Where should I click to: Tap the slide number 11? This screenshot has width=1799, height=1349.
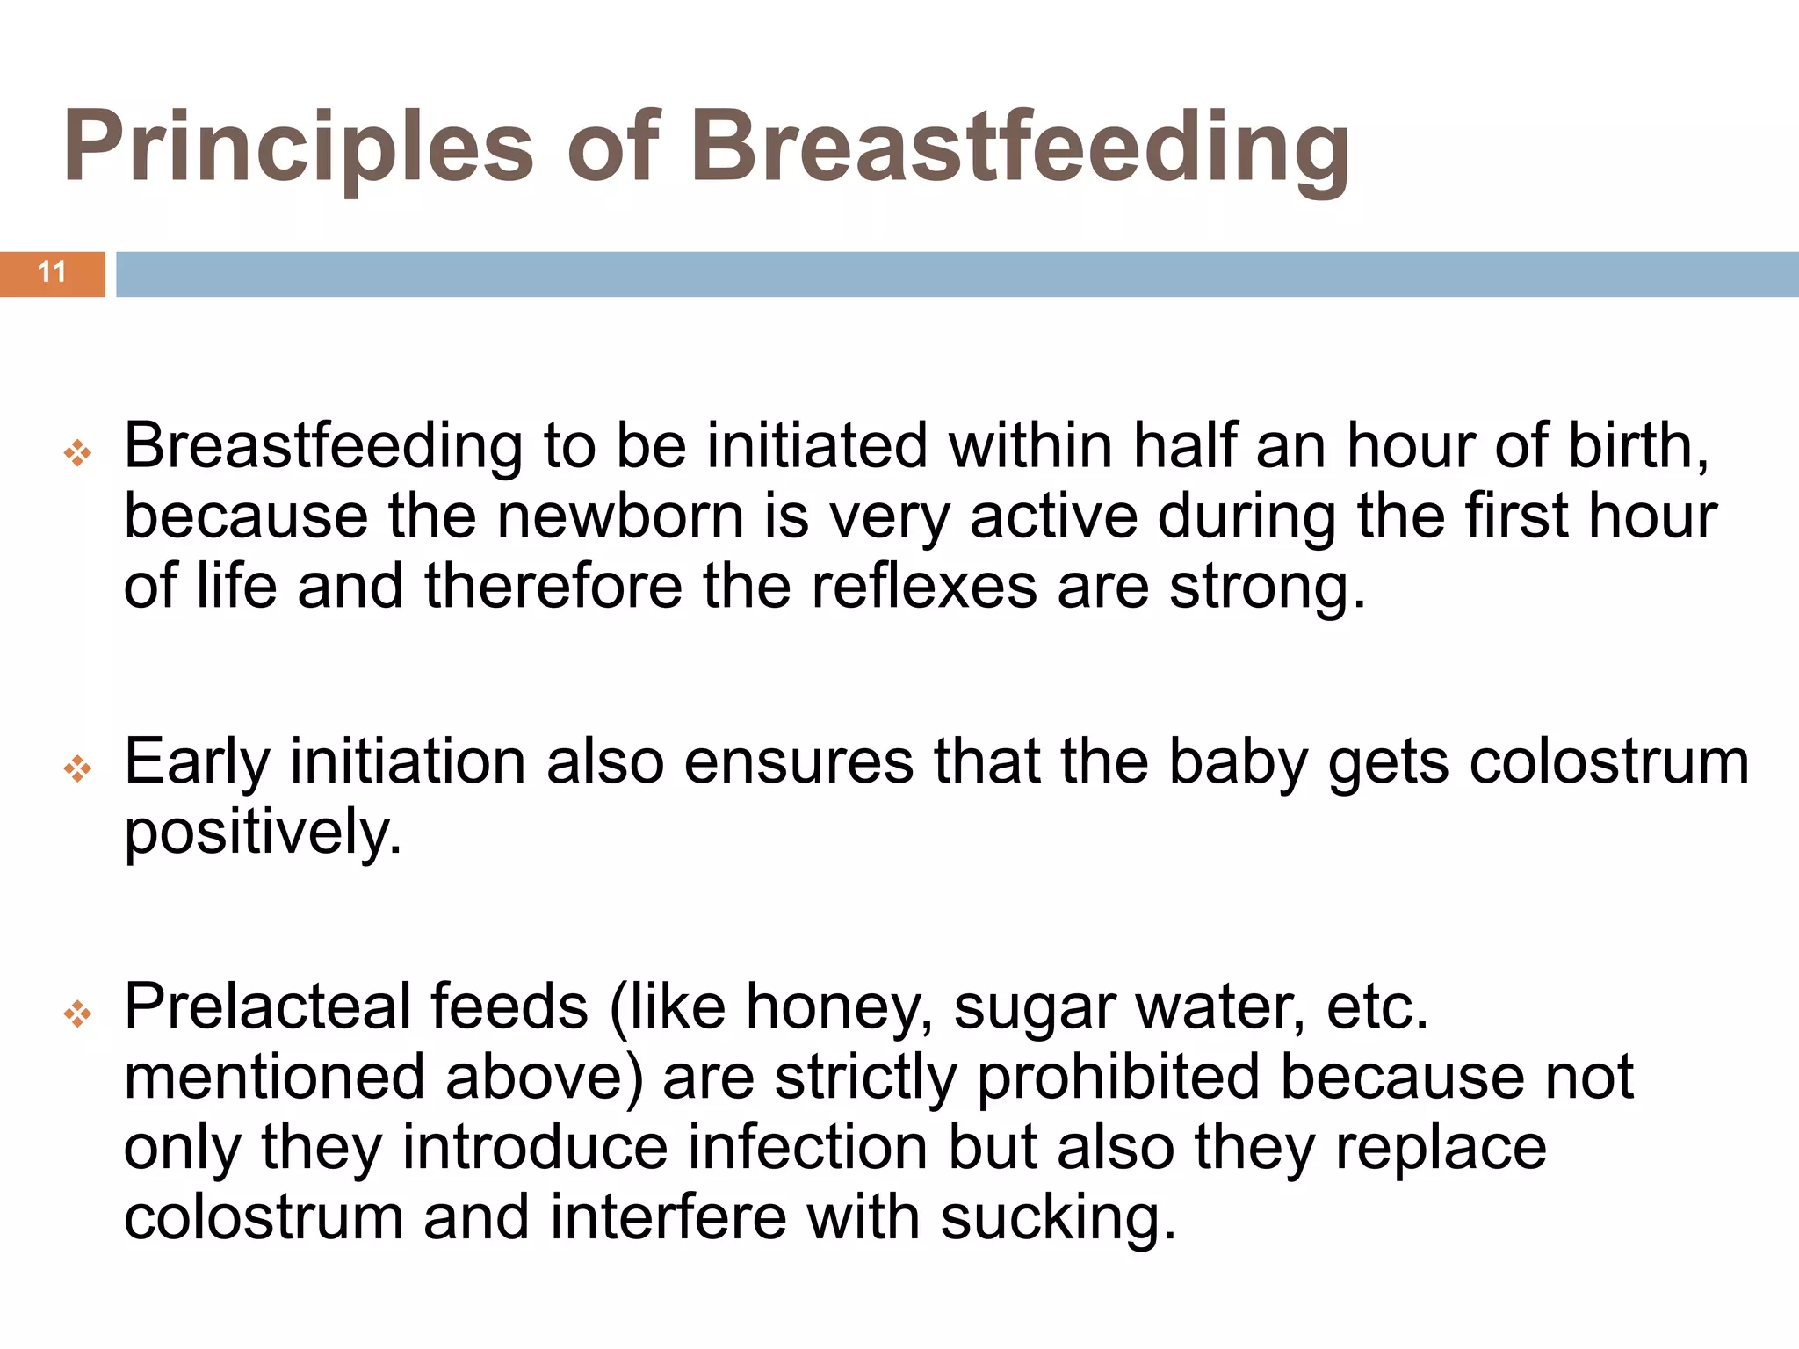(52, 272)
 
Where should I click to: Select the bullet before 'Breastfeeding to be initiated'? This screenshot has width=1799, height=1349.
(77, 453)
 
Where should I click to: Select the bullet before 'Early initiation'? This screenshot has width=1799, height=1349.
(77, 769)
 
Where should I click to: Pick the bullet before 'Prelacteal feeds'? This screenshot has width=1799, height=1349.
(77, 1014)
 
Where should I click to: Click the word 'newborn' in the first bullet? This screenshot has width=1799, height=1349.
(620, 516)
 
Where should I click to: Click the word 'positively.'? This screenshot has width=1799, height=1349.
(263, 833)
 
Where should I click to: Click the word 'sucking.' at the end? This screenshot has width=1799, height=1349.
(1058, 1219)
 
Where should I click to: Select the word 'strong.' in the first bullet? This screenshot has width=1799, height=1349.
(1268, 587)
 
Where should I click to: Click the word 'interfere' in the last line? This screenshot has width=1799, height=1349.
(668, 1219)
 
